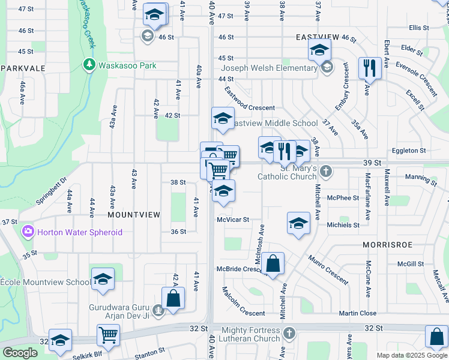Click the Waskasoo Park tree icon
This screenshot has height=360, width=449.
[89, 64]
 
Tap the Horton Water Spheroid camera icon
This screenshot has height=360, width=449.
[28, 232]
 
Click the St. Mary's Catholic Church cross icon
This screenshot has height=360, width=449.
[325, 172]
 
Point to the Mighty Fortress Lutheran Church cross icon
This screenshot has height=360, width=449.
[289, 332]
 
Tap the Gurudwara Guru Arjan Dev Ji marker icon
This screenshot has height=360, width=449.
[157, 310]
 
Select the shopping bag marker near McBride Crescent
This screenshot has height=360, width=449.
[273, 263]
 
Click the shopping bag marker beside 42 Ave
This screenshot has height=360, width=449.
[173, 298]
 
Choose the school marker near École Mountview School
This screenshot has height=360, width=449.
[103, 278]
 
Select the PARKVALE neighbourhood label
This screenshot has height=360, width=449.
[23, 68]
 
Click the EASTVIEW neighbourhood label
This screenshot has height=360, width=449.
[318, 37]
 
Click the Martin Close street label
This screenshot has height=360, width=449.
[357, 313]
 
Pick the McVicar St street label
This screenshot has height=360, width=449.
[233, 220]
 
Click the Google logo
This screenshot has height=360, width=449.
[20, 353]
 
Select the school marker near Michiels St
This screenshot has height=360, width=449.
[298, 223]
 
